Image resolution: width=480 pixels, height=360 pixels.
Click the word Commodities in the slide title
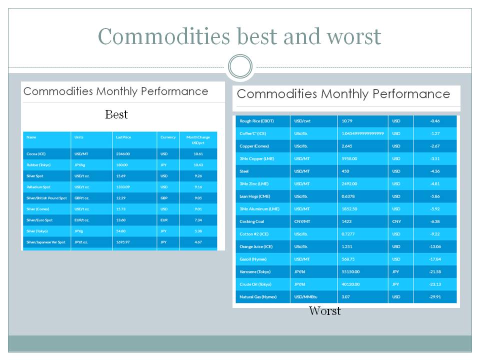[163, 36]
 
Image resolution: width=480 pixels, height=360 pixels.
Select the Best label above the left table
[116, 114]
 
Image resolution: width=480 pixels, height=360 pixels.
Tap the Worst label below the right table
[324, 311]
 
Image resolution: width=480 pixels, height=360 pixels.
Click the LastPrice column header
[122, 137]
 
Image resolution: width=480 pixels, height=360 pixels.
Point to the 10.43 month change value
[197, 165]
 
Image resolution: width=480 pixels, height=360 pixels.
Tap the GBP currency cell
[164, 198]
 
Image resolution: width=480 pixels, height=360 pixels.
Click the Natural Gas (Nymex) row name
[258, 297]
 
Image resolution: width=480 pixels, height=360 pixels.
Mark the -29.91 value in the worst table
[434, 297]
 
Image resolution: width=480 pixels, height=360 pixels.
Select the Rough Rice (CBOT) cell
[256, 121]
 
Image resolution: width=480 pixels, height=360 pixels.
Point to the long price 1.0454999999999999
[362, 133]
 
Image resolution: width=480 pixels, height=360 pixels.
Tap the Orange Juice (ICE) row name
[255, 246]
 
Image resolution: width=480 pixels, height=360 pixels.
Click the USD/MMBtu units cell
[306, 297]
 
